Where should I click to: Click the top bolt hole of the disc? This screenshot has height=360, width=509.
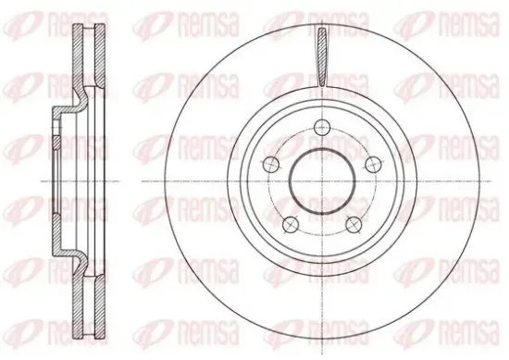click(322, 128)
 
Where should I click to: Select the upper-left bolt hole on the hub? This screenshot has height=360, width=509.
click(271, 165)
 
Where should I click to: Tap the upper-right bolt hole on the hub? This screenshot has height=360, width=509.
click(373, 165)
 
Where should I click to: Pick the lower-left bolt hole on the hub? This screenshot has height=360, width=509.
click(291, 225)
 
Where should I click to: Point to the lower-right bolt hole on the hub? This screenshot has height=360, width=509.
click(354, 225)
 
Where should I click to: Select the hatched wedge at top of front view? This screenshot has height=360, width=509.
click(322, 57)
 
